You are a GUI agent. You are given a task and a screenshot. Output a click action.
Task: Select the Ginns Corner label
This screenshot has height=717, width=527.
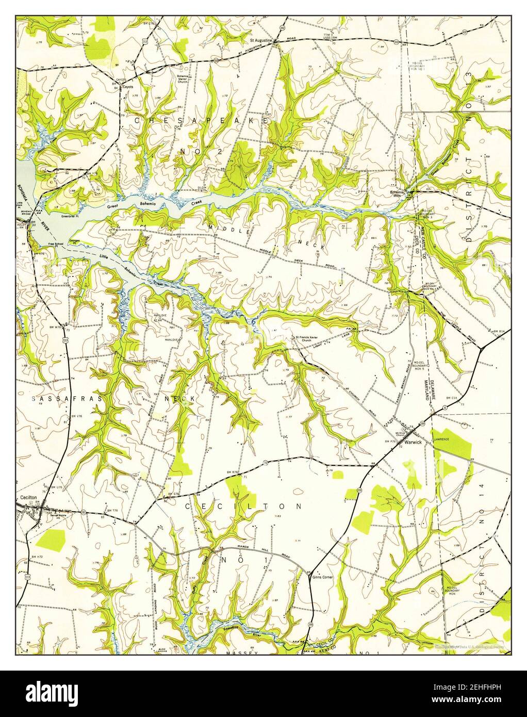click(x=323, y=577)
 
